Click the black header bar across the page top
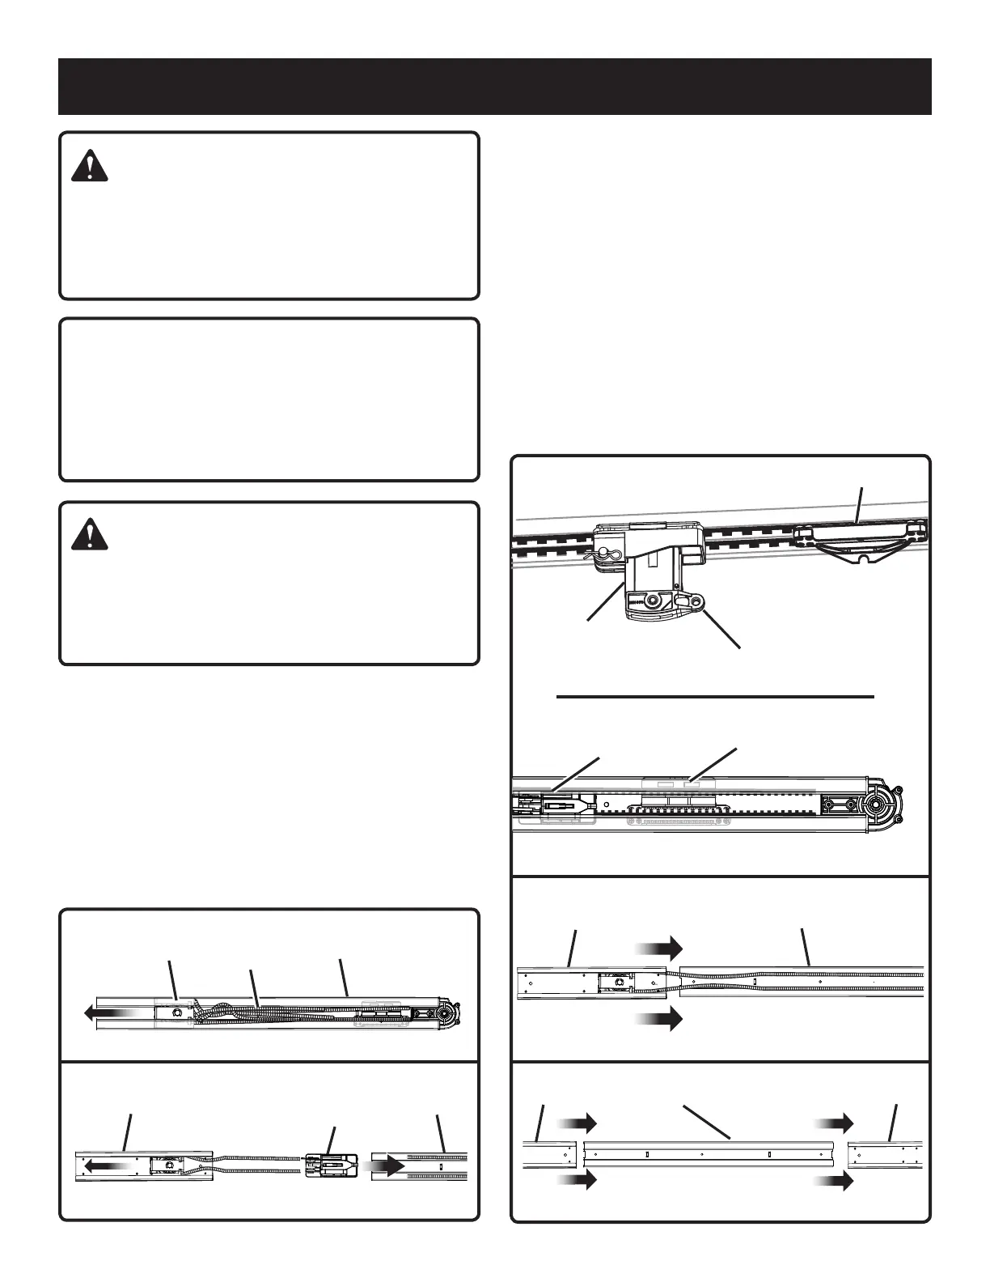(x=494, y=86)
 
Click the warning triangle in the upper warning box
(x=89, y=168)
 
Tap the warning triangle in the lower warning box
(x=89, y=535)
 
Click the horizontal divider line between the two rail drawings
(x=717, y=696)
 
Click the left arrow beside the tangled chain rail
(x=105, y=1010)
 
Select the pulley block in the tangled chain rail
(x=172, y=1011)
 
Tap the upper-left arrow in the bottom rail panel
(x=577, y=1123)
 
